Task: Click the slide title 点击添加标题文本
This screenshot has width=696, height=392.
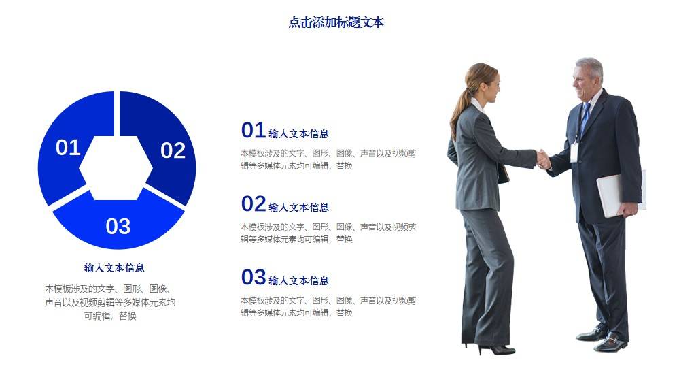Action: click(336, 22)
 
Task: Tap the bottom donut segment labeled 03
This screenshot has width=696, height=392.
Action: click(118, 223)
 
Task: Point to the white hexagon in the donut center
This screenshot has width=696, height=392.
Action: click(116, 168)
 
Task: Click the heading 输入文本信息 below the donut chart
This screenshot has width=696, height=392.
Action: click(114, 267)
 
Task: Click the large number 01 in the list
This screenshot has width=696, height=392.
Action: click(254, 130)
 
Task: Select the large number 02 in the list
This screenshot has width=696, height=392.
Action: click(254, 204)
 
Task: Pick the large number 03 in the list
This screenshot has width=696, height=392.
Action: click(254, 278)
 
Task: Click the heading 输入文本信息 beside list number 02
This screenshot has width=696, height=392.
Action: click(299, 207)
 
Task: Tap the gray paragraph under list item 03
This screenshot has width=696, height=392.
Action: click(328, 307)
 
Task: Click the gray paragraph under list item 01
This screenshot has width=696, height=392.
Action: click(328, 159)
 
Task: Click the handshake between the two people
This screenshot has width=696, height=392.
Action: click(543, 160)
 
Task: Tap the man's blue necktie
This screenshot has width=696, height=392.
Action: click(585, 118)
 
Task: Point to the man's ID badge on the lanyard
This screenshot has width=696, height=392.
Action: click(574, 152)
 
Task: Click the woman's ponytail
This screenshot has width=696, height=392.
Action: click(459, 109)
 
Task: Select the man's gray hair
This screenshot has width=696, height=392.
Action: click(591, 67)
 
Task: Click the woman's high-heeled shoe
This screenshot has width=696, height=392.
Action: click(496, 350)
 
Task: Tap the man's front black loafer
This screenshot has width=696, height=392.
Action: click(610, 344)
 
